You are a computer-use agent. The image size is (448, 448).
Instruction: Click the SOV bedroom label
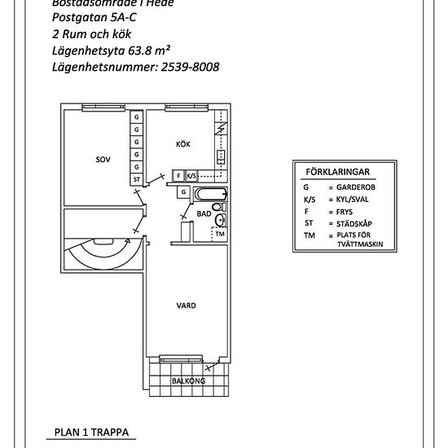point(102,159)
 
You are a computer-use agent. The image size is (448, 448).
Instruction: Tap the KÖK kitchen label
point(184,144)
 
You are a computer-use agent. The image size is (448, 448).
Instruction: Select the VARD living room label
point(186,305)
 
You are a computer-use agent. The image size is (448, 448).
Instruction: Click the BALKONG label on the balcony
point(188,380)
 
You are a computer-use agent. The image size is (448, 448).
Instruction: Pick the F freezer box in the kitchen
point(178,175)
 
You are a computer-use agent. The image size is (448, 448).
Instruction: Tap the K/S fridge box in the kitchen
point(191,175)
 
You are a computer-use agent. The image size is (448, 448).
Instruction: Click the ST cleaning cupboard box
point(136,178)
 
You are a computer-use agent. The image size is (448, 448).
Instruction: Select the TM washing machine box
point(219,234)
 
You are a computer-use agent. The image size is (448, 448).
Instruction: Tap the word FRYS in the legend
point(338,210)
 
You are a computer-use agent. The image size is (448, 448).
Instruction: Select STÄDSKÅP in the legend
point(346,222)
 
